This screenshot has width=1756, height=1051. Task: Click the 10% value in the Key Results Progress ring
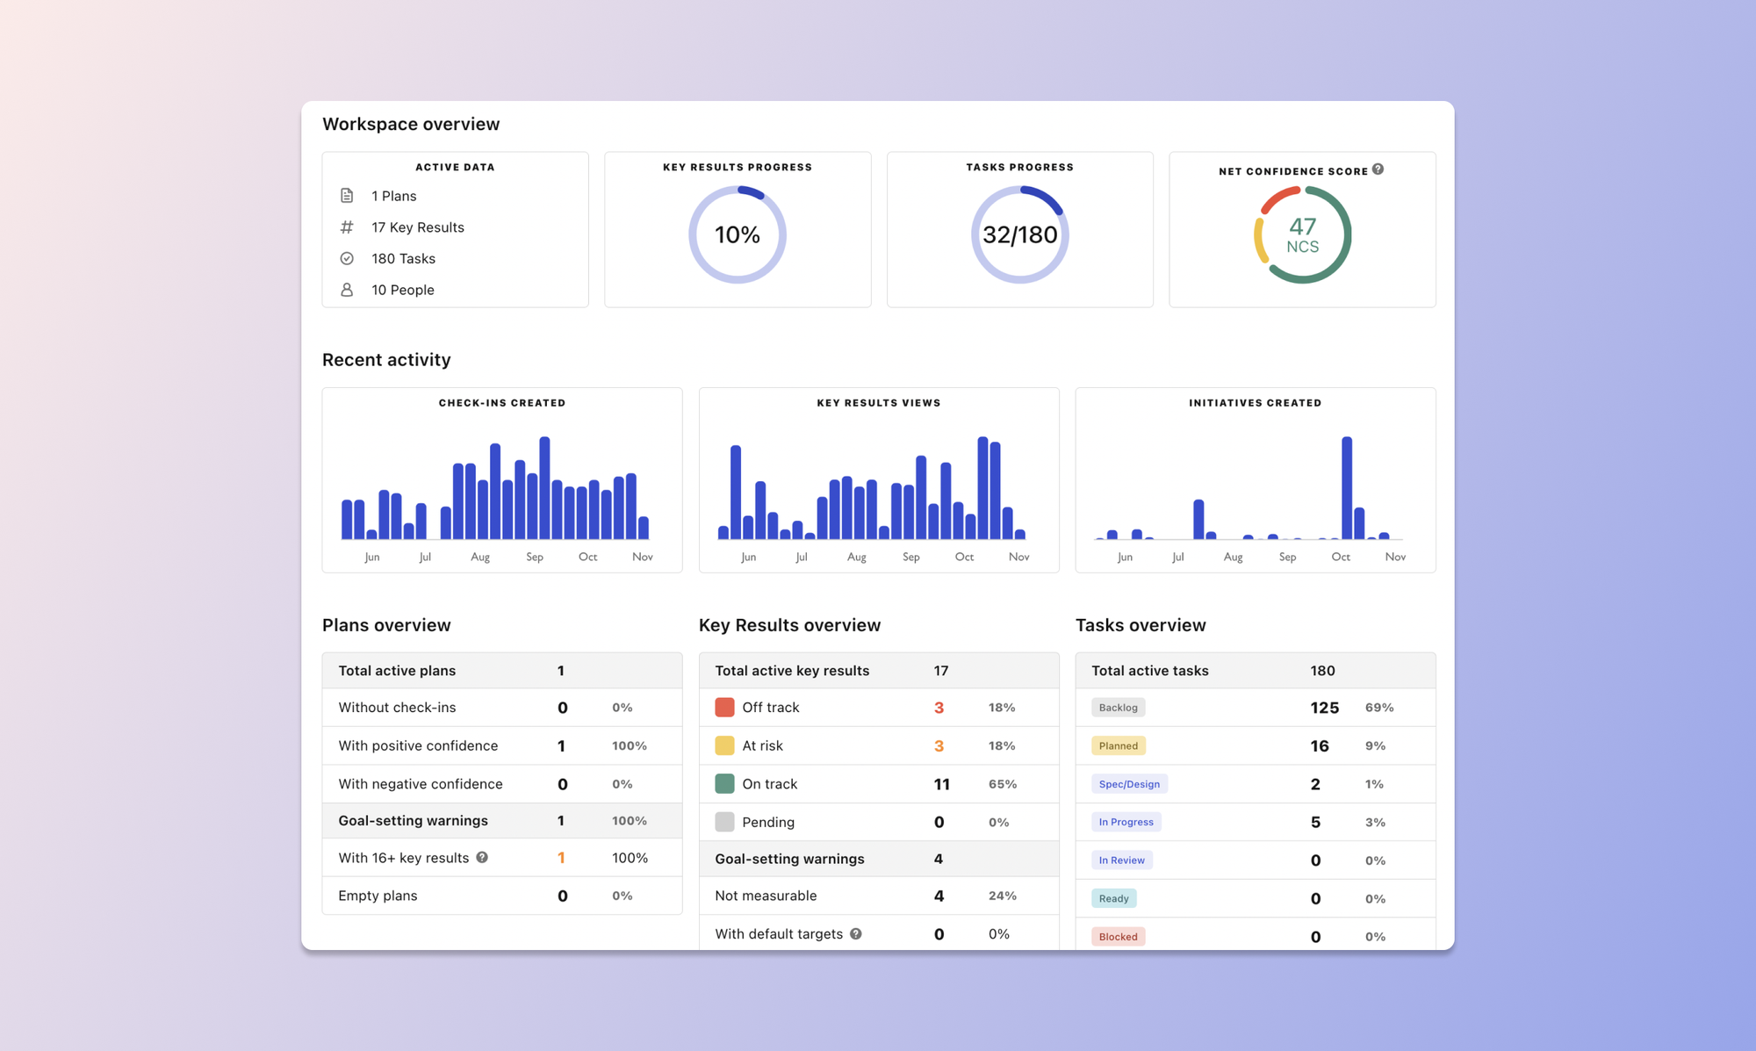pyautogui.click(x=737, y=234)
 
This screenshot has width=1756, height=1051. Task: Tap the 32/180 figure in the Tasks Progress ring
pyautogui.click(x=1019, y=234)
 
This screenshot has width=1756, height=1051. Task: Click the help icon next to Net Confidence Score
pyautogui.click(x=1378, y=169)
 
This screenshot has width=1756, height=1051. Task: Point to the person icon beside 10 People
pyautogui.click(x=347, y=290)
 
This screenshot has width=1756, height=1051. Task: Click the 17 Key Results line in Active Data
pyautogui.click(x=417, y=227)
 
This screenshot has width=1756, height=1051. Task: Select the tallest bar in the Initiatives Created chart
pyautogui.click(x=1346, y=487)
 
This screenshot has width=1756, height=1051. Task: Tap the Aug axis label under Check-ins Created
pyautogui.click(x=480, y=557)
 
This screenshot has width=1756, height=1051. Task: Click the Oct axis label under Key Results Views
pyautogui.click(x=964, y=557)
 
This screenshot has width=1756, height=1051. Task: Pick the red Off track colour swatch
pyautogui.click(x=724, y=708)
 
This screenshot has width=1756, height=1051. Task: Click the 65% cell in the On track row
pyautogui.click(x=1003, y=784)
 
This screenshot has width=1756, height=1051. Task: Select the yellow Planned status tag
pyautogui.click(x=1118, y=745)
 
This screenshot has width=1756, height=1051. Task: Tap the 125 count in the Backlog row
pyautogui.click(x=1324, y=708)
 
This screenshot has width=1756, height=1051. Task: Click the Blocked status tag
pyautogui.click(x=1118, y=936)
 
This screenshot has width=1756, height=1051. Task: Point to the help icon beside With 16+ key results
pyautogui.click(x=482, y=857)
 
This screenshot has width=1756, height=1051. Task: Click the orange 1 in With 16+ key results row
pyautogui.click(x=561, y=858)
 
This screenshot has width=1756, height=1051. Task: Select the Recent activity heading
pyautogui.click(x=386, y=360)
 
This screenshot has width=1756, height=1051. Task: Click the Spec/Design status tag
pyautogui.click(x=1129, y=784)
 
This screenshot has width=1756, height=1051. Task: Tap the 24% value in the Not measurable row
pyautogui.click(x=1002, y=896)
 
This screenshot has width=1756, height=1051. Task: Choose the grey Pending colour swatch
pyautogui.click(x=724, y=822)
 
